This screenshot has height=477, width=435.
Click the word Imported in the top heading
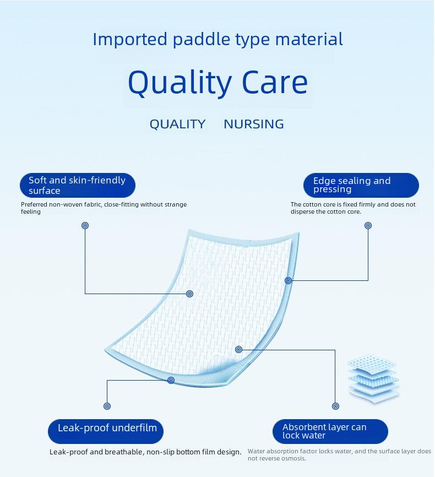(x=130, y=40)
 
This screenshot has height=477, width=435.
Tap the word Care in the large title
(x=275, y=83)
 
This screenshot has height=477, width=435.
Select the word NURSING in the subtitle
(x=254, y=124)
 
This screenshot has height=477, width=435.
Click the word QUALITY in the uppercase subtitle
(x=178, y=124)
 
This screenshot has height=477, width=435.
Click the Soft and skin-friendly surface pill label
(x=78, y=185)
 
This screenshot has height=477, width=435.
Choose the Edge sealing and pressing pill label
(x=361, y=185)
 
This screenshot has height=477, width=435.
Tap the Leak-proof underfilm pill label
(x=106, y=431)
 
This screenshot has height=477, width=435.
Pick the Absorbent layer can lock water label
(x=330, y=431)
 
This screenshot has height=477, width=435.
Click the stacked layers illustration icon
(x=373, y=379)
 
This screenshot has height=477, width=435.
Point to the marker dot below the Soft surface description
(x=85, y=225)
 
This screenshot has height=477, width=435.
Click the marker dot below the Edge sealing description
(x=368, y=225)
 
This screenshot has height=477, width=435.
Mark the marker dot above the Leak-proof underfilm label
(x=107, y=406)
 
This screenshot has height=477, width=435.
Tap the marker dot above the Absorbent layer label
(x=335, y=406)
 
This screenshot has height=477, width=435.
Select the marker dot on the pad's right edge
(x=289, y=280)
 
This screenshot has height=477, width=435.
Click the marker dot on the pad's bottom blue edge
(x=171, y=380)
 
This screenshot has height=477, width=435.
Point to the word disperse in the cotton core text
(x=301, y=212)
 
